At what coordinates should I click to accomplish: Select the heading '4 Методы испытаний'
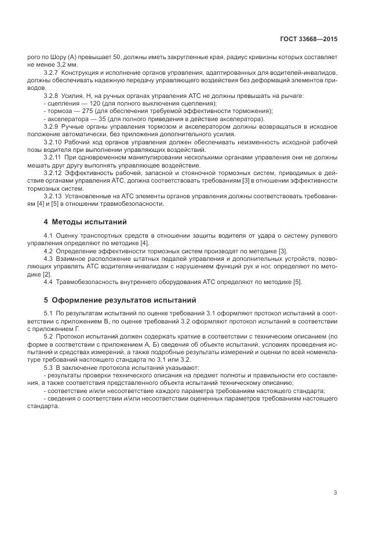point(86,222)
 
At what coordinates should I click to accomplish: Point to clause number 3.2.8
point(52,94)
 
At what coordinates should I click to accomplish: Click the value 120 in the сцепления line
point(93,103)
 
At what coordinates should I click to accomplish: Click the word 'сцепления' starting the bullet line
point(63,103)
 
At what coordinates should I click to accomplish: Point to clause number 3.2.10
point(54,141)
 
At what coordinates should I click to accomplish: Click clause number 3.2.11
point(53,157)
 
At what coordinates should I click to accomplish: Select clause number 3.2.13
point(54,195)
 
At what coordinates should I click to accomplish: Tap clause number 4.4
point(48,281)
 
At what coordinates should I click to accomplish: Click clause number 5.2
point(48,336)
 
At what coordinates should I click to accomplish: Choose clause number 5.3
point(48,367)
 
